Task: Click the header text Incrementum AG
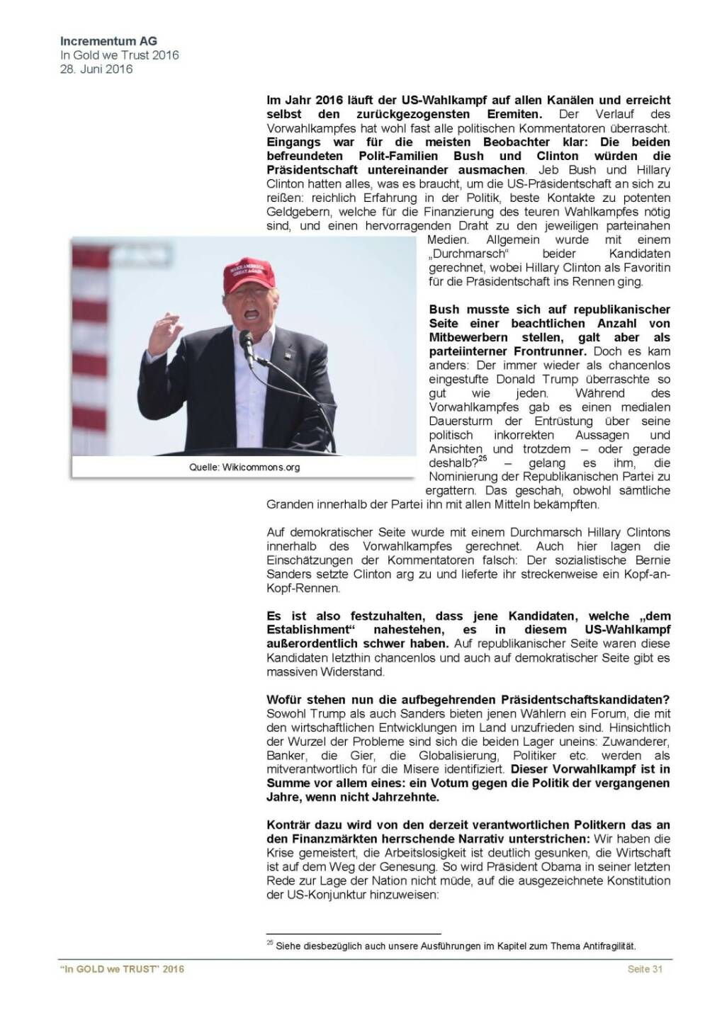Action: click(108, 42)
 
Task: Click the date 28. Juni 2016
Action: click(96, 69)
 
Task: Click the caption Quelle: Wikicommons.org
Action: click(244, 467)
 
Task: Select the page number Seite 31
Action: click(645, 969)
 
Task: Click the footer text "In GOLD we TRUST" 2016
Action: click(121, 969)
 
